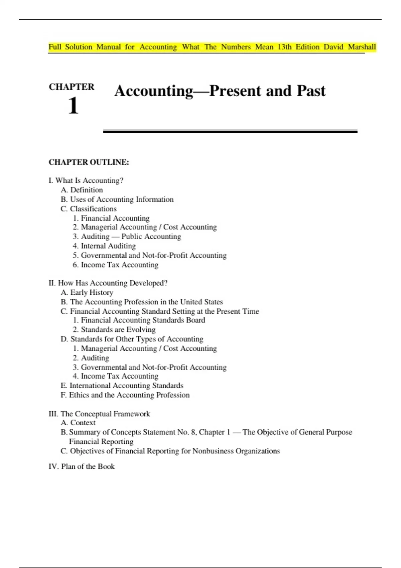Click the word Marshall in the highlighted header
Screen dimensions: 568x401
coord(362,47)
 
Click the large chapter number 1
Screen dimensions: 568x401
coord(73,106)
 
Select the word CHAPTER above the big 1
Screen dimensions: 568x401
coord(72,87)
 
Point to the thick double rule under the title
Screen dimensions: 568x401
coord(230,132)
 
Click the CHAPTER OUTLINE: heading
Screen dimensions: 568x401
coord(89,162)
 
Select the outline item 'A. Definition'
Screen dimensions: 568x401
coord(82,190)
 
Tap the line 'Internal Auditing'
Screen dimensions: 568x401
coord(108,246)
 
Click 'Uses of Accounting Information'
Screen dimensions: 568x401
coord(122,199)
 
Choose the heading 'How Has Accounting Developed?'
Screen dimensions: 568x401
coord(112,283)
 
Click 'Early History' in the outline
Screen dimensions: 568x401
coord(91,293)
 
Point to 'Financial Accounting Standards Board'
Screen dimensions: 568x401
coord(143,320)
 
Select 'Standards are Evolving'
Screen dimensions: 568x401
coord(118,330)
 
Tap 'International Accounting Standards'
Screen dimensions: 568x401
coord(126,386)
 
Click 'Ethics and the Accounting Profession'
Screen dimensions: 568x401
coord(129,395)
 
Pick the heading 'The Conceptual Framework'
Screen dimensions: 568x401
coord(105,414)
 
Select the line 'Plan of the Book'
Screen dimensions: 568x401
coord(88,466)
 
